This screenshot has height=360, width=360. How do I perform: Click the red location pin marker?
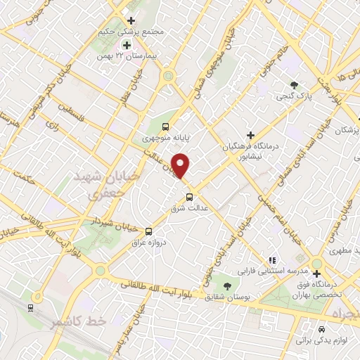(181, 165)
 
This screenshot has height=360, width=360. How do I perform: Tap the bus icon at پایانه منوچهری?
(165, 127)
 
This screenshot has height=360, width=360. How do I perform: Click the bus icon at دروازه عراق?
(148, 231)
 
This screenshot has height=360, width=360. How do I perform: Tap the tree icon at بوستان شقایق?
(227, 285)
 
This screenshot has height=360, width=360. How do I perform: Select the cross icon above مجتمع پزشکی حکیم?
(131, 20)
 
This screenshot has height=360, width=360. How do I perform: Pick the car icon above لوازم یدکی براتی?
(321, 329)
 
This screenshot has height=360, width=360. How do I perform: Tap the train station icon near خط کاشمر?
(30, 307)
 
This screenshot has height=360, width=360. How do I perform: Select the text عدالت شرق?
(188, 209)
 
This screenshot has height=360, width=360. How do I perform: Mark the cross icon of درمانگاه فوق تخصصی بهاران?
(318, 273)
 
